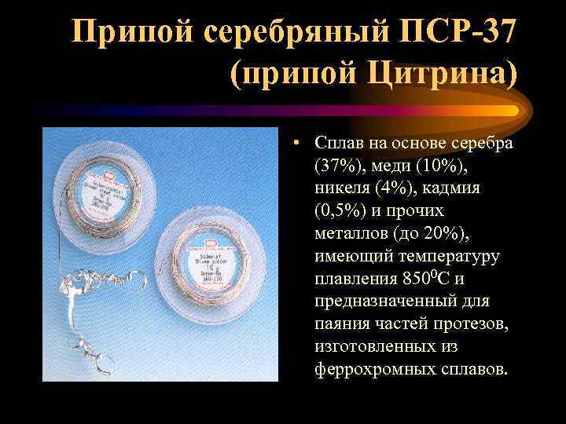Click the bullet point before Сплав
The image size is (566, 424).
point(292,144)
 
